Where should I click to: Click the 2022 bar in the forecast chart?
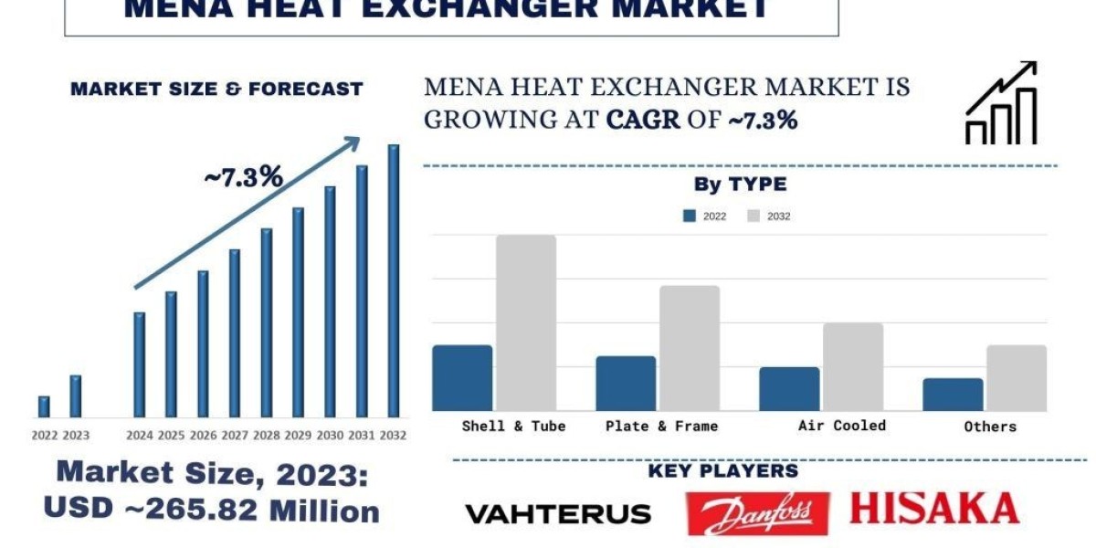pos(44,406)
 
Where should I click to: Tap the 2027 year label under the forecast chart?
pos(235,436)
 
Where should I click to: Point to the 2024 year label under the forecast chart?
pos(139,436)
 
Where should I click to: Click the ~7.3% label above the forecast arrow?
pos(243,177)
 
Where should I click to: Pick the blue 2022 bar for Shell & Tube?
pos(462,377)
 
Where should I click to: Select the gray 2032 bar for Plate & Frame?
pos(690,348)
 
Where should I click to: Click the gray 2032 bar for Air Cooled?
pos(853,366)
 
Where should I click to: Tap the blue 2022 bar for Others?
pos(953,394)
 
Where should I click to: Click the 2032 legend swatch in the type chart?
pos(753,216)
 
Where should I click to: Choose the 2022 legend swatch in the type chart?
pos(690,216)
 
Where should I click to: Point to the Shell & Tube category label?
pos(513,426)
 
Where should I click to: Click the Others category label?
pos(990,427)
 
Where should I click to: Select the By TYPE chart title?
pos(740,184)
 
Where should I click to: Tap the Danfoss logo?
pos(757,513)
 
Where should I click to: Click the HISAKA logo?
pos(934,508)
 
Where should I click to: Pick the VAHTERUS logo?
pos(558,514)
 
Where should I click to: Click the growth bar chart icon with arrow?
pos(1001,103)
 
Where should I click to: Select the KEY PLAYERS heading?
pos(723,471)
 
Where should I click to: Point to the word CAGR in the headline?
pos(643,119)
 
